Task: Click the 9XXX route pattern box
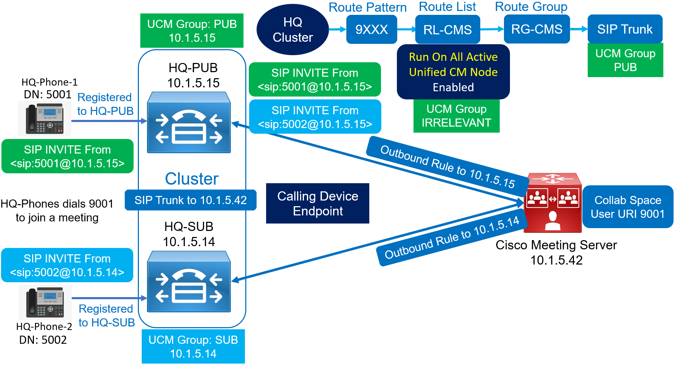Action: [371, 30]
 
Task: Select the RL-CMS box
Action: [447, 30]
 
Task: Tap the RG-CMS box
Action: [536, 29]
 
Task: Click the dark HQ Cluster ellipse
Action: [293, 30]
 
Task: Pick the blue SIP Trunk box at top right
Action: [625, 29]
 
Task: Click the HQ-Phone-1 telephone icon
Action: [45, 119]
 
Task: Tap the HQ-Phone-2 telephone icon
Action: [45, 302]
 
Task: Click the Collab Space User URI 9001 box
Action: [628, 207]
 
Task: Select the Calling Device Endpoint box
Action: [317, 203]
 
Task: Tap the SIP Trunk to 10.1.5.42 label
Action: [190, 200]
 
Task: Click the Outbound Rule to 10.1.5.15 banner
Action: [447, 167]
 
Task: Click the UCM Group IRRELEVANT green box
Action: [456, 116]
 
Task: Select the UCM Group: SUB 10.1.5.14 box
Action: [193, 347]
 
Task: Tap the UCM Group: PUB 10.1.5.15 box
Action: [192, 31]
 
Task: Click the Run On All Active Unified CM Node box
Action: [453, 72]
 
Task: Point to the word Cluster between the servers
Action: [192, 179]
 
